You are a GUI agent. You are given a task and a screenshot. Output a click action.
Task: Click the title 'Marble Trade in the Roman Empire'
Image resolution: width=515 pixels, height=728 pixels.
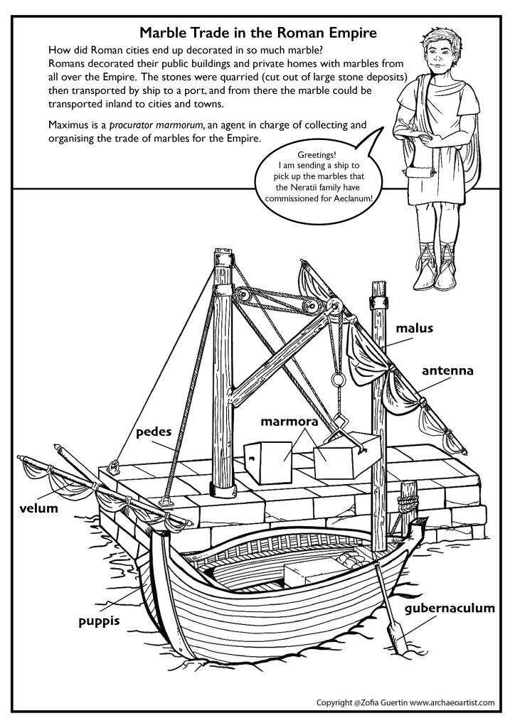pos(257,33)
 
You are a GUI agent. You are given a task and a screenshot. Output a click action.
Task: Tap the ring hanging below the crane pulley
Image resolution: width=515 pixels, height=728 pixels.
pos(339,374)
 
